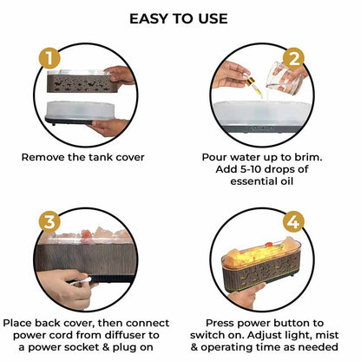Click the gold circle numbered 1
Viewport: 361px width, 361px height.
[49, 58]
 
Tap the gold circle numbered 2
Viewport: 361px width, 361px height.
[293, 59]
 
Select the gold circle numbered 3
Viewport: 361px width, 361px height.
[49, 222]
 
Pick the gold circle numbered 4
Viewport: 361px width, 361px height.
[293, 222]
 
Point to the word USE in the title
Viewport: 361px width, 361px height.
[213, 19]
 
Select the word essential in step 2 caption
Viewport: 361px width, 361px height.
[252, 181]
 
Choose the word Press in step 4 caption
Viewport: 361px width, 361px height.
[220, 323]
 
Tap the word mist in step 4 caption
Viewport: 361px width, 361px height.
[327, 335]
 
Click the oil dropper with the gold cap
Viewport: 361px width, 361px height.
[253, 85]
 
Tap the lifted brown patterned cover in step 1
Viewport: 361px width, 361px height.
[79, 81]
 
